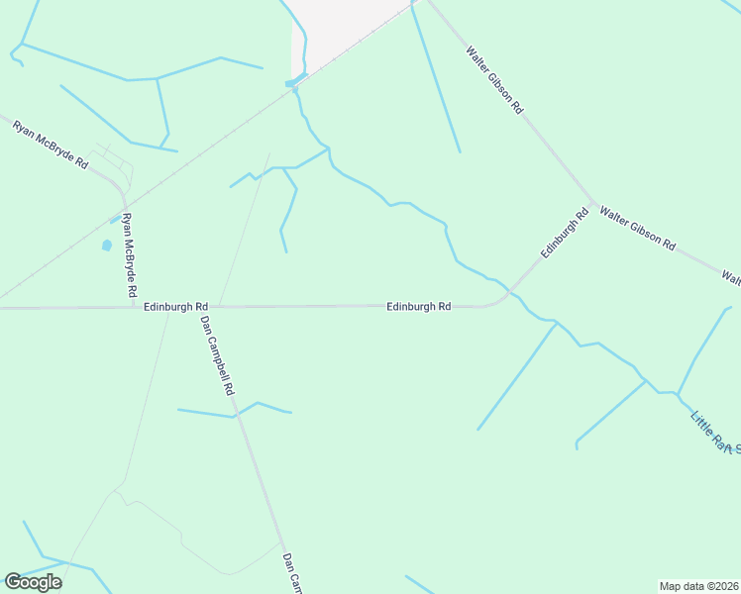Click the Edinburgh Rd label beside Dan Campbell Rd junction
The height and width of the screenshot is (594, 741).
click(175, 307)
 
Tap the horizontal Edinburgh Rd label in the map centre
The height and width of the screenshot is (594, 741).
click(419, 307)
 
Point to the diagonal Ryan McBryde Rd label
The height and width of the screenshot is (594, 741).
click(50, 146)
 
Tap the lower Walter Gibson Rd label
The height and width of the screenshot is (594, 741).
click(637, 228)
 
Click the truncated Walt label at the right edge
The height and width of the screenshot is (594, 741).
click(730, 278)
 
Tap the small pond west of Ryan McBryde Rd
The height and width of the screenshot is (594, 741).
click(106, 245)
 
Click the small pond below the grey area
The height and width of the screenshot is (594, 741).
click(294, 82)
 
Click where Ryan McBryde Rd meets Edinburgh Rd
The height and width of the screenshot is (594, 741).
click(135, 307)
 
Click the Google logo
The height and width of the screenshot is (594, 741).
click(33, 582)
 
